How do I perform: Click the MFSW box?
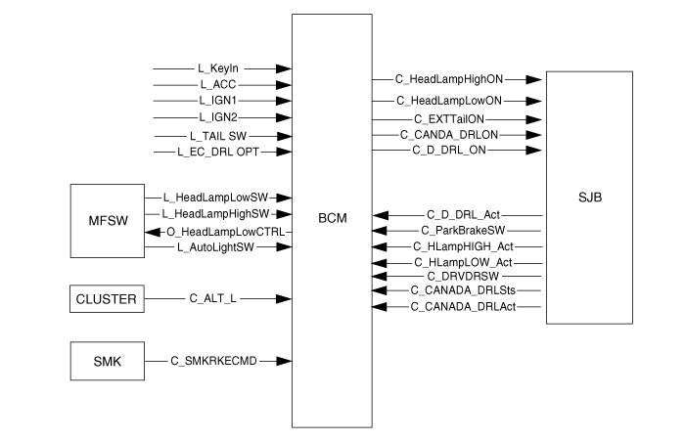pyautogui.click(x=107, y=221)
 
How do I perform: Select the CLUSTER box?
pyautogui.click(x=107, y=298)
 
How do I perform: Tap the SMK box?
pyautogui.click(x=107, y=361)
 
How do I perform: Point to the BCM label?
pyautogui.click(x=332, y=220)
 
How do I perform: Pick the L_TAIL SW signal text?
pyautogui.click(x=217, y=136)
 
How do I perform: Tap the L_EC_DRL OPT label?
pyautogui.click(x=217, y=153)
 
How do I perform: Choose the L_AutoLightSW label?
pyautogui.click(x=218, y=249)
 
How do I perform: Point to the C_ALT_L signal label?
pyautogui.click(x=212, y=297)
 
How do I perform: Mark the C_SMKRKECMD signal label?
pyautogui.click(x=213, y=362)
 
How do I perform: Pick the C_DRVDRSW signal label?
pyautogui.click(x=458, y=277)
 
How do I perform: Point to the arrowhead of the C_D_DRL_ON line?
pyautogui.click(x=535, y=150)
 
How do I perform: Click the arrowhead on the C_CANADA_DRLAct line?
pyautogui.click(x=382, y=308)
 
